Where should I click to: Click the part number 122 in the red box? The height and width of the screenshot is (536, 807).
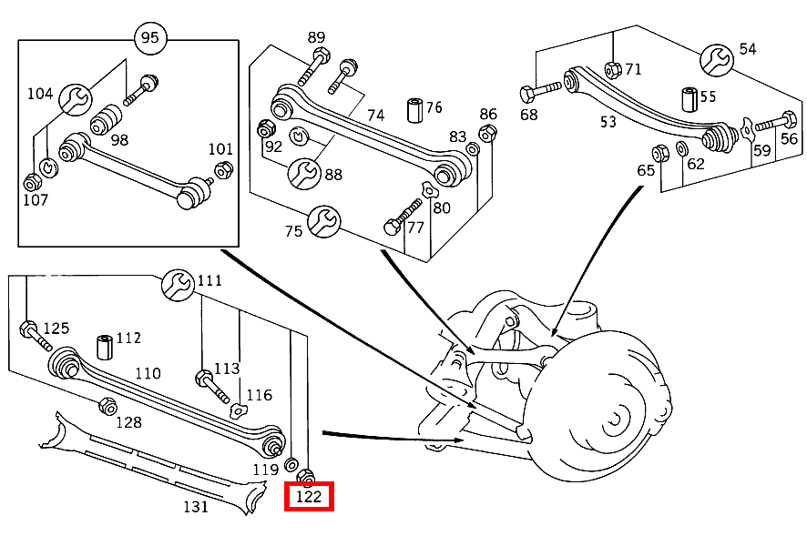(309, 497)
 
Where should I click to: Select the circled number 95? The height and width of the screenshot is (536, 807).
(149, 38)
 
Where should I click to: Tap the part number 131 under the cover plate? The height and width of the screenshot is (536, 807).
(196, 506)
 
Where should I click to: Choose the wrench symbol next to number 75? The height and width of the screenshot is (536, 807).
(323, 221)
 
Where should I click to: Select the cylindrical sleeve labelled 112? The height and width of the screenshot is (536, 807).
(104, 347)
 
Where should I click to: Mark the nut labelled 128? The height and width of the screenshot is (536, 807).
(106, 406)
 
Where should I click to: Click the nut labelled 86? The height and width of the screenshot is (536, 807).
(487, 134)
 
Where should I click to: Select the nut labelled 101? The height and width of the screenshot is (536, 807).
(221, 169)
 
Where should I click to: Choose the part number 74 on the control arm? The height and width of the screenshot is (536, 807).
(376, 115)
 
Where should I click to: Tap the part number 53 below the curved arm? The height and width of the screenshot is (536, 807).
(608, 121)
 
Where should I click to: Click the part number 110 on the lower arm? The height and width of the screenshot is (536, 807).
(148, 373)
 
